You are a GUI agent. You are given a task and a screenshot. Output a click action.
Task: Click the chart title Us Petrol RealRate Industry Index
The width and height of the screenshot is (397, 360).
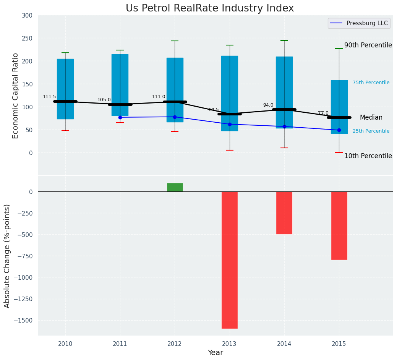point(210,8)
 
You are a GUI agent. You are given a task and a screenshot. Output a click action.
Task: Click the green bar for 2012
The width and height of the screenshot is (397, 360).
point(175,187)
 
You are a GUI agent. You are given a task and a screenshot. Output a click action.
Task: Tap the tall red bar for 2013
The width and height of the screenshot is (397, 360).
point(230,260)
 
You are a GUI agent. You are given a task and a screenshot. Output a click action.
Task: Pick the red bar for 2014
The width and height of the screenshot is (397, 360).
point(284,213)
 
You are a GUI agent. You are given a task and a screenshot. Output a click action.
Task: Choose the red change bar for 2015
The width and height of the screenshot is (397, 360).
point(339,225)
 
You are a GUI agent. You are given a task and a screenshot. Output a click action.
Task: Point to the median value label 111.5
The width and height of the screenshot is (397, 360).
point(49,97)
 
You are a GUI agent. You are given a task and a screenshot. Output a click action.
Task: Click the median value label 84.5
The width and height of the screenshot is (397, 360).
point(214,110)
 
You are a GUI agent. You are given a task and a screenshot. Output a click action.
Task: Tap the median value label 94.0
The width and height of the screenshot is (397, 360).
point(268,105)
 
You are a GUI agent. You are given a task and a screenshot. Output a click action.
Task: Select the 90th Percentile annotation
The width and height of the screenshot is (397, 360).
point(368,45)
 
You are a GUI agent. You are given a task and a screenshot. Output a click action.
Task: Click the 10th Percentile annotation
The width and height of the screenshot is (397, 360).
point(368,156)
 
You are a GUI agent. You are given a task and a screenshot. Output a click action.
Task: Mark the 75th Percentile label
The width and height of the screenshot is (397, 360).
point(371,83)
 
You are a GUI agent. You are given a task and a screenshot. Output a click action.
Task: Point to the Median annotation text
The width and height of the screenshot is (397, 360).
point(371,118)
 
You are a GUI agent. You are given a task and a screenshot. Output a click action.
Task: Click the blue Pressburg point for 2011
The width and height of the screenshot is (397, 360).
point(120,117)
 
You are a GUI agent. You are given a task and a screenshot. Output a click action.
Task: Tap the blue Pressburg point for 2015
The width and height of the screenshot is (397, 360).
point(339,130)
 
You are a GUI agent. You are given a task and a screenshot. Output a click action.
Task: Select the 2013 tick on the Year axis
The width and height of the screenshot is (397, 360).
point(230,344)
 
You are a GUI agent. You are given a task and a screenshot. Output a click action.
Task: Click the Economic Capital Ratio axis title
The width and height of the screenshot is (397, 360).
point(16,96)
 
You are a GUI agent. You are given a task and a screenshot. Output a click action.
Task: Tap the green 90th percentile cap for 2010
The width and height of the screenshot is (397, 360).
point(65,53)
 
